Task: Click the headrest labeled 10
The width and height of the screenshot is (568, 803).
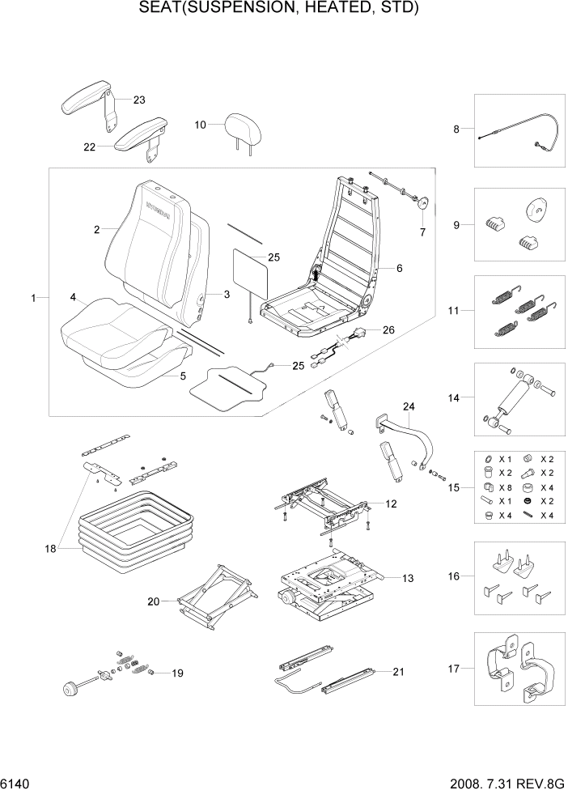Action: (x=241, y=127)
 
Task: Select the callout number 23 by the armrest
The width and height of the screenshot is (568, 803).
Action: (x=138, y=100)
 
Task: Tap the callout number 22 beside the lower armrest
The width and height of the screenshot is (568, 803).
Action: (x=89, y=147)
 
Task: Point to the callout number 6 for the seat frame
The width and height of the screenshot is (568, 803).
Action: (x=398, y=268)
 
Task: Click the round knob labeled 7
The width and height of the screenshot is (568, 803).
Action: (x=422, y=204)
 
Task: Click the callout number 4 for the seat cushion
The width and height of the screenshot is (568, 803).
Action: (x=73, y=298)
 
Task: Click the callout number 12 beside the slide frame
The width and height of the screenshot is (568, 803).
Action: (x=391, y=504)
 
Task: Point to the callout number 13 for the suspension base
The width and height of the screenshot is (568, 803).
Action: (x=407, y=578)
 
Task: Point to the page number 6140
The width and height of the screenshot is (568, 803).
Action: (x=16, y=786)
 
